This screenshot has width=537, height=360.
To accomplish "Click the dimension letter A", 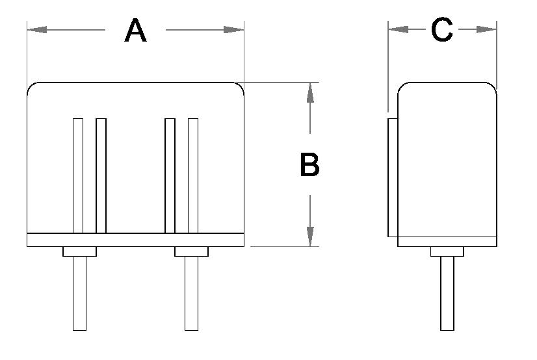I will [x=136, y=31].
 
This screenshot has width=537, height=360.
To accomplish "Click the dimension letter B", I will [x=309, y=165].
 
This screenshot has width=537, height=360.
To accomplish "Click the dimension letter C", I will [x=442, y=30].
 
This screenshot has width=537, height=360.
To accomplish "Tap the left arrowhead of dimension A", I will [x=38, y=29].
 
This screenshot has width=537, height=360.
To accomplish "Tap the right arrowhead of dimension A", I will [x=233, y=29].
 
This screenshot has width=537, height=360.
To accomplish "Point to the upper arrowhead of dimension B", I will [x=311, y=94].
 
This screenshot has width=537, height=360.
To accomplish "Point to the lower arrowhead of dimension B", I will [x=311, y=236].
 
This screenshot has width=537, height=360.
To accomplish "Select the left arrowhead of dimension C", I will [x=399, y=29].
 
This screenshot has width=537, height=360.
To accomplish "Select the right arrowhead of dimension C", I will [x=486, y=29].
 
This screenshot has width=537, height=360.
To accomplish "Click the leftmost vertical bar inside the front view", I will [x=78, y=175].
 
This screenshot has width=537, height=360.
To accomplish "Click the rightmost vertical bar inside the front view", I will [x=193, y=175].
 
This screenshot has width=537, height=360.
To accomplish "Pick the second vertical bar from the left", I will [x=101, y=175].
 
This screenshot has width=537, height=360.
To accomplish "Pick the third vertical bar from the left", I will [x=170, y=175].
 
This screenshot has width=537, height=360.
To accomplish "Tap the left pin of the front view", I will [x=79, y=293].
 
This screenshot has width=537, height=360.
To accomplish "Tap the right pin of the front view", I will [x=191, y=293].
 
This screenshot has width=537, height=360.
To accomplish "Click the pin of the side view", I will [x=447, y=293].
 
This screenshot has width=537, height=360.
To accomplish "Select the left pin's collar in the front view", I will [x=79, y=251].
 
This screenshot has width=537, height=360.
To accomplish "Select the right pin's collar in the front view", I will [x=191, y=251].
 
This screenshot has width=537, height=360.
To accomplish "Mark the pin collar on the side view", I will [x=447, y=251].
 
